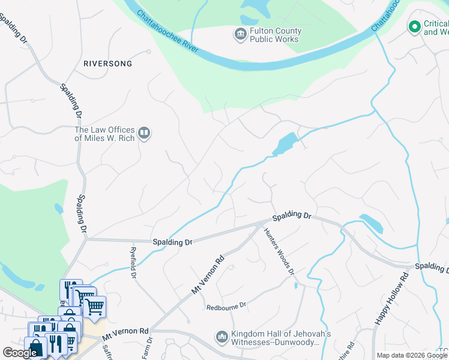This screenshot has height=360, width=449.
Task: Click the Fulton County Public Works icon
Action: pos(240,34)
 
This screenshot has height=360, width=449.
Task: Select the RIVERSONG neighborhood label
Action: pos(107,63)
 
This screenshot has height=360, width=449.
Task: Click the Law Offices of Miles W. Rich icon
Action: pos(143,133)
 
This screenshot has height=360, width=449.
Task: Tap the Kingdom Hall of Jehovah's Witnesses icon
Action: pos(221,338)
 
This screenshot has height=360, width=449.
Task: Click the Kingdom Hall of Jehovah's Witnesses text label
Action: pos(273,338)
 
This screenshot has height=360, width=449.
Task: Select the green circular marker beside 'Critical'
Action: pos(414,26)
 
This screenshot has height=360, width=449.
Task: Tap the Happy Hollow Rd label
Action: pos(391,299)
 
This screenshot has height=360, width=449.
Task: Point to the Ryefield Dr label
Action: pos(134,262)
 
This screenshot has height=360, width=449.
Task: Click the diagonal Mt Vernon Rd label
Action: pos(208,275)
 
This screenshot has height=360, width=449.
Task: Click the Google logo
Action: pos(20,353)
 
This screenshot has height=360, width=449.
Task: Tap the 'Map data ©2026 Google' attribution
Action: pos(412,355)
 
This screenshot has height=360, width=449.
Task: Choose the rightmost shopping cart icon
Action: pos(94,307)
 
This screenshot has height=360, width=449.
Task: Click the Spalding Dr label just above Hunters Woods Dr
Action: pos(292,215)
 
